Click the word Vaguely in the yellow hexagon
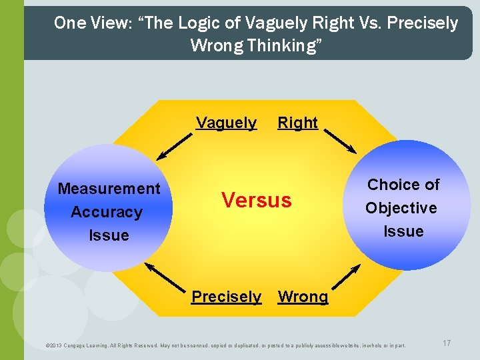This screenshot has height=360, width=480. (226, 123)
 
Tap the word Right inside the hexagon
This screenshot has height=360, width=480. (297, 123)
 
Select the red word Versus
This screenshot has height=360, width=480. (257, 199)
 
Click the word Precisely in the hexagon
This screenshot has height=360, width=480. (226, 297)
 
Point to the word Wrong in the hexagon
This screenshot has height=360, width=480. (303, 297)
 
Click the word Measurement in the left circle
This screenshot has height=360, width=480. (109, 189)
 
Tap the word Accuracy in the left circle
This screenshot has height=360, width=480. (107, 212)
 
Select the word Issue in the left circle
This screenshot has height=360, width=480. (109, 235)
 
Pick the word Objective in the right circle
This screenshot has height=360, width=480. (401, 208)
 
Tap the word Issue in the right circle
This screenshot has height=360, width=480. (403, 231)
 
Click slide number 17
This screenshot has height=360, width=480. (447, 343)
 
